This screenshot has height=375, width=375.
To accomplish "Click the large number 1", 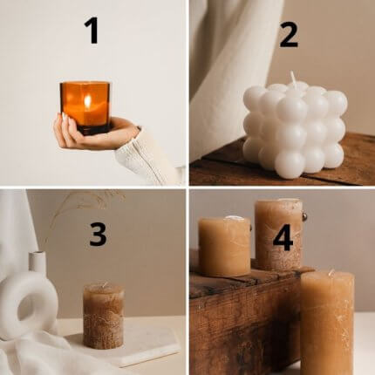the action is (92, 31).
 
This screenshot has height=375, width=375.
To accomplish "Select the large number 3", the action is (98, 235).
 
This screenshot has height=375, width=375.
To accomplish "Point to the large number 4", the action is (283, 238).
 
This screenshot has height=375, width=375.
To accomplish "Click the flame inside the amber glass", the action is (87, 101).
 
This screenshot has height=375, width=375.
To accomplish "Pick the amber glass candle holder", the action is (85, 108).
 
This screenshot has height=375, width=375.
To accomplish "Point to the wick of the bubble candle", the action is (293, 77).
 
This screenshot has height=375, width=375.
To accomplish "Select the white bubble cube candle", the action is (295, 129).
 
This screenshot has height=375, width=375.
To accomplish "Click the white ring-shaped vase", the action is (28, 303).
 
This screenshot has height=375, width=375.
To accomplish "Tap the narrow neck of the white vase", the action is (37, 262).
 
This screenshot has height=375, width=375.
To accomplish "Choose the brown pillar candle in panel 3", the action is (103, 316).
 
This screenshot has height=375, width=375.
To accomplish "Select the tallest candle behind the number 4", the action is (279, 235).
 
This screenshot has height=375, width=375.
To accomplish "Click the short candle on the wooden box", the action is (224, 246).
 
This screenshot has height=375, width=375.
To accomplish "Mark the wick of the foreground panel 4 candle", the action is (331, 273).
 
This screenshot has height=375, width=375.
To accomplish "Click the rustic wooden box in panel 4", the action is (247, 317).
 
